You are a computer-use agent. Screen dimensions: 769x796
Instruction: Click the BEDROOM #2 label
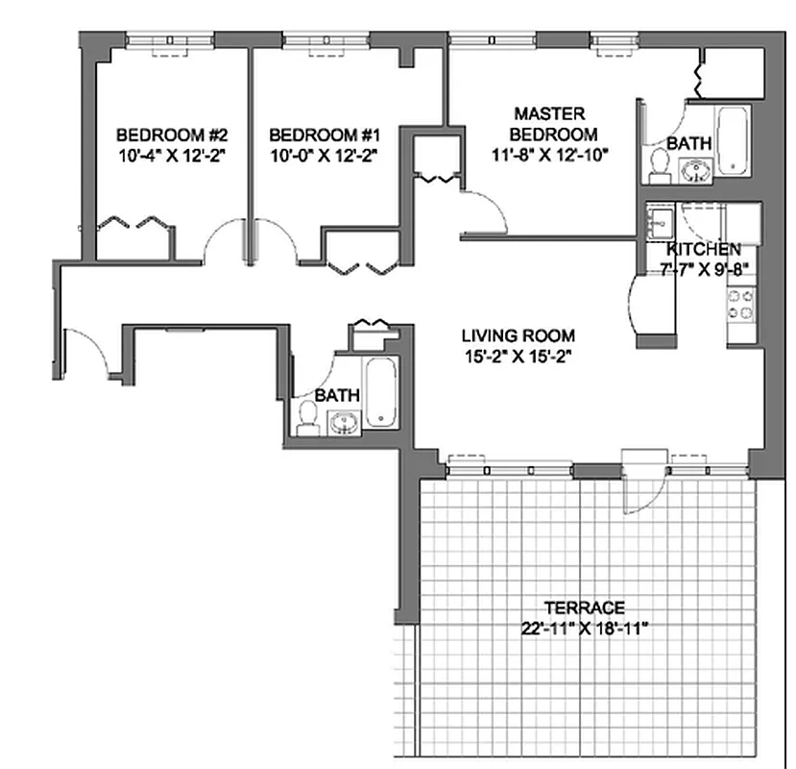click(170, 134)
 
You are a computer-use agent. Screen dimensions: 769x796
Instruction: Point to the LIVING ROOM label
click(519, 335)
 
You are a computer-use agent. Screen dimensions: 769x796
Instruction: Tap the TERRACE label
click(584, 608)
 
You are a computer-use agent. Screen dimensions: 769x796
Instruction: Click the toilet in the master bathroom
click(659, 163)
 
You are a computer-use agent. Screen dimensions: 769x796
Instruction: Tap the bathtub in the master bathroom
click(734, 140)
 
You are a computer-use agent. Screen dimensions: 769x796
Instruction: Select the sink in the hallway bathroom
click(343, 422)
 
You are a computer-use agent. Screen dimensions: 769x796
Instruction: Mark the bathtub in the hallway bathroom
click(379, 392)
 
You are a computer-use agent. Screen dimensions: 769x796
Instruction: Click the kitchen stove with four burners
click(740, 306)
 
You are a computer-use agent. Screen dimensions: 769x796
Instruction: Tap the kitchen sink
click(661, 224)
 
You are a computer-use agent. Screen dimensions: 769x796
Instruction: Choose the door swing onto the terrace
click(641, 489)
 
